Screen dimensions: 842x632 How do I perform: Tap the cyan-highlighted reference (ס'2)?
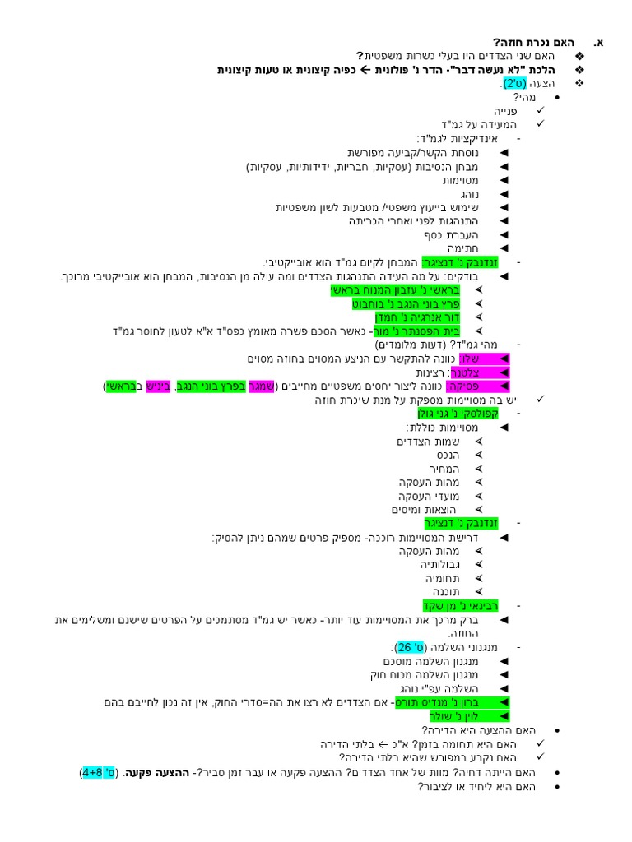tap(514, 83)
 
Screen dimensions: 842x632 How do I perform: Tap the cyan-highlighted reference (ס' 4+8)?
tap(100, 772)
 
